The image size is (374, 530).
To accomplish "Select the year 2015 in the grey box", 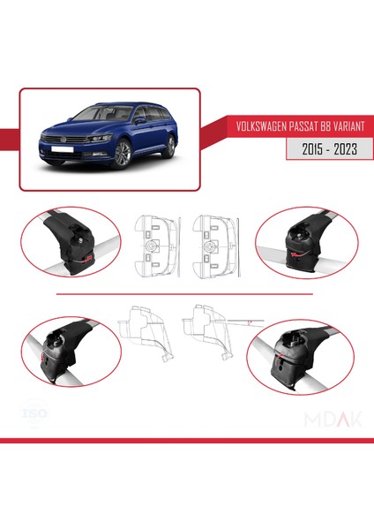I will [x=309, y=150].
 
